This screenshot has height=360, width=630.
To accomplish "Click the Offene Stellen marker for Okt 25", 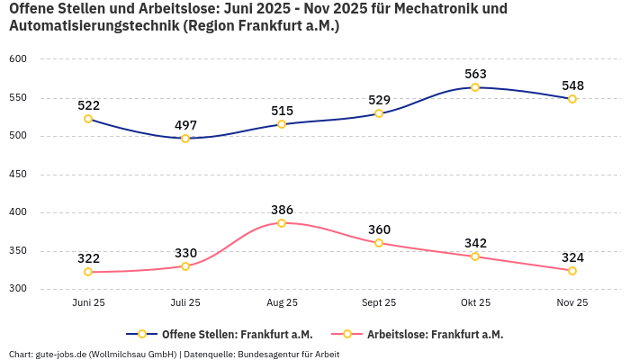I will pos(475,87).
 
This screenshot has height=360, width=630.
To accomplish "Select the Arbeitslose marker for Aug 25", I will pos(282,223).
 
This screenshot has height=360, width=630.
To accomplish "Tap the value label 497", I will pos(185,125).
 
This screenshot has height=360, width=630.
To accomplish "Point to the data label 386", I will pos(282,210).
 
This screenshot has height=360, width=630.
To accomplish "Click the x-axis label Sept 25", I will pos(379,303).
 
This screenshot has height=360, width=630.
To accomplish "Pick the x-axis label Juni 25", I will pos(88,303).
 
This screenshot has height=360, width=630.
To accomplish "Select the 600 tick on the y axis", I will pos(18,59).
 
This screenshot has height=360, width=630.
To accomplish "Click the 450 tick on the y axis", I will pos(18,175).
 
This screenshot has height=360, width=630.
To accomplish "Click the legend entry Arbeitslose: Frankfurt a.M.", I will pos(435,334).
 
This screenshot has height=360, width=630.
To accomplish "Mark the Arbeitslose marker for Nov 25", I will pos(572,271).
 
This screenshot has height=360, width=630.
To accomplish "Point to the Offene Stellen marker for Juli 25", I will pos(185,139).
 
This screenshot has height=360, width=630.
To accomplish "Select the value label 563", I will pos(475,74).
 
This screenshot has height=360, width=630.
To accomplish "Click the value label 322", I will pos(88,258).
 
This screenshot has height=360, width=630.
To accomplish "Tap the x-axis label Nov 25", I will pos(572,303).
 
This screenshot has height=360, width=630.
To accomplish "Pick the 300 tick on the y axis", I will pos(18,289).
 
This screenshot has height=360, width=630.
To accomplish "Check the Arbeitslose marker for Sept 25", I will pos(379,243).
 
